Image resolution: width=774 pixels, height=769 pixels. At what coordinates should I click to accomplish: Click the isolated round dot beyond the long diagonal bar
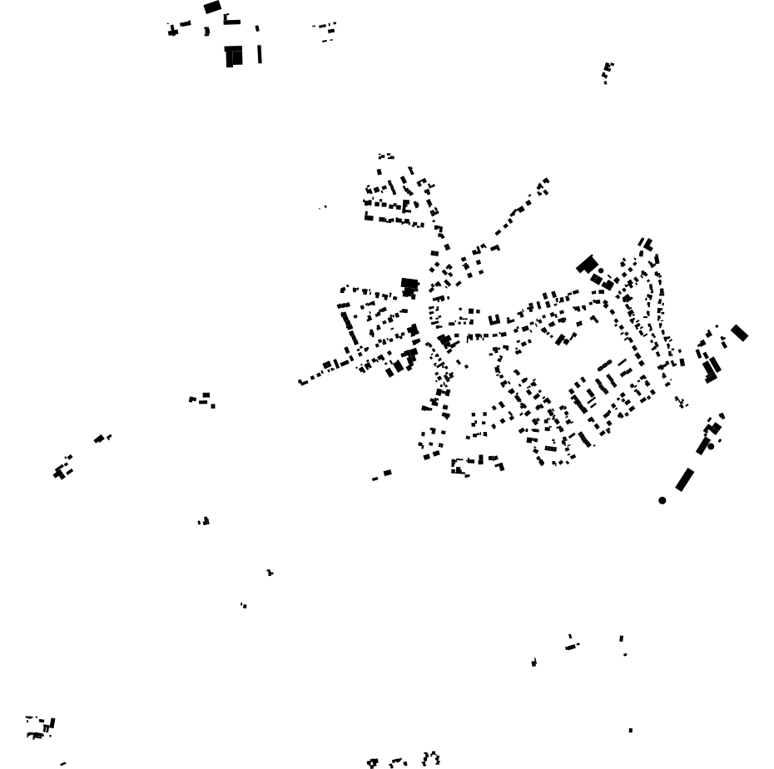point(662,500)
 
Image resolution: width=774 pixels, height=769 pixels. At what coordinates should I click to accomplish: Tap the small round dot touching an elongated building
point(710,446)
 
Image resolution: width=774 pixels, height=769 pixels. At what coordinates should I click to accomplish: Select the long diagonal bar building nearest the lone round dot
point(684,479)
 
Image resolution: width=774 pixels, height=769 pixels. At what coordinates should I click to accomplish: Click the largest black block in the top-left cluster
point(234,56)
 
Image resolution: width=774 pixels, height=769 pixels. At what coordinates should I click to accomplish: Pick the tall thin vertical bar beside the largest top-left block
point(260,54)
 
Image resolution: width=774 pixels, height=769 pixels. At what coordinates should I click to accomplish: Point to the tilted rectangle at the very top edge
point(212,7)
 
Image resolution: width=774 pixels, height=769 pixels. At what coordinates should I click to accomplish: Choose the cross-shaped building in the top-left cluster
point(173,32)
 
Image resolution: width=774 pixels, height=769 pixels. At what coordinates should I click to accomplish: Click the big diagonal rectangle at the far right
point(739,333)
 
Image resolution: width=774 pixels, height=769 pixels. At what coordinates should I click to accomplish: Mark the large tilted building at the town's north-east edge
point(587,265)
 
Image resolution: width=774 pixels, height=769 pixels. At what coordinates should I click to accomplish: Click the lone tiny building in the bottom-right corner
point(630,730)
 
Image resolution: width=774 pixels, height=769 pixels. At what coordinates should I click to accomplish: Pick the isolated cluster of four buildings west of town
point(202,399)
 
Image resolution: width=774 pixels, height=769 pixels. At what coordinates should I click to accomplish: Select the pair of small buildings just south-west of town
point(382,475)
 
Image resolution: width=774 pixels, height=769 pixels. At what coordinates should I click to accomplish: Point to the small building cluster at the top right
point(608,72)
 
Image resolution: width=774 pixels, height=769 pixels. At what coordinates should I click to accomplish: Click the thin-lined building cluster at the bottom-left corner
point(39,727)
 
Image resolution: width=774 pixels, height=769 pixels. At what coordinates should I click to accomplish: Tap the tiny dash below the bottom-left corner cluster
point(62,763)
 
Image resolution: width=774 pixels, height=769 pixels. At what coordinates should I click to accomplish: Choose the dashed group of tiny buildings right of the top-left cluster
point(325,31)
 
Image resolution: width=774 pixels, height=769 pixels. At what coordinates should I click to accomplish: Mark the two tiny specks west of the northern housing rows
point(323,206)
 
